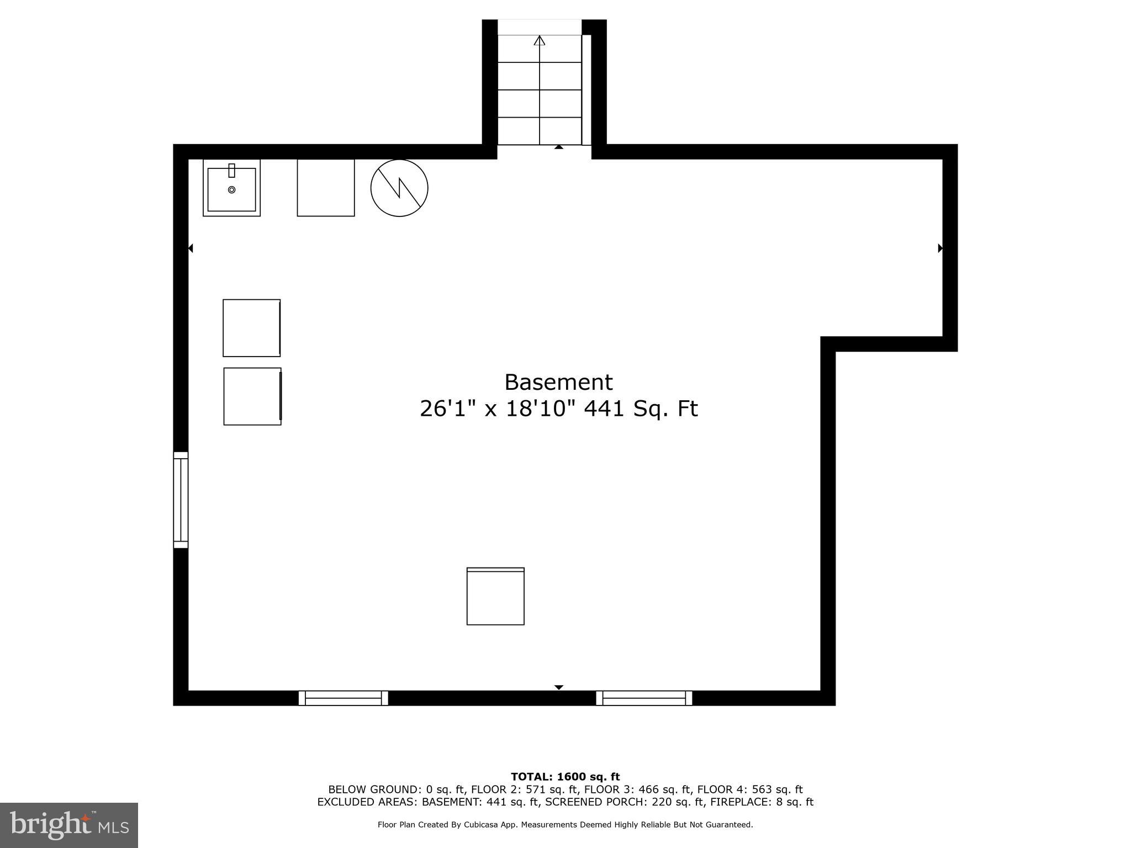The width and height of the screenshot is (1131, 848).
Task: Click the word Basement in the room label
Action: coord(558,382)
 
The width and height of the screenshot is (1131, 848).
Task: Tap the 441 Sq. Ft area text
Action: coord(641,409)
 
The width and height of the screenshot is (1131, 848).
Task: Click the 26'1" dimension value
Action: coord(448,409)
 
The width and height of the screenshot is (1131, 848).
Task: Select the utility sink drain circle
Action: coord(231,190)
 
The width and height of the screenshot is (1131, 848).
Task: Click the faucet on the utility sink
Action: coord(231,170)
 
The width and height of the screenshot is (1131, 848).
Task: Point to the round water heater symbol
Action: coord(399,188)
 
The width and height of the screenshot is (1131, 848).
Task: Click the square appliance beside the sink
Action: coord(325,188)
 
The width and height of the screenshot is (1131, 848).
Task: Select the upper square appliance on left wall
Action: coord(251,328)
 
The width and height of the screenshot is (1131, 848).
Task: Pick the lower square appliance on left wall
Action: coord(252,396)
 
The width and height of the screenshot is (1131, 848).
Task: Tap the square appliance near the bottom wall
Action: coord(495,596)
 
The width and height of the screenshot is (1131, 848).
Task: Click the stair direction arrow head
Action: coord(540,40)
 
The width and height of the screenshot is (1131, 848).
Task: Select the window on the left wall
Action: coord(181,500)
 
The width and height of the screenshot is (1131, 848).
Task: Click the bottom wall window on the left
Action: coord(343,698)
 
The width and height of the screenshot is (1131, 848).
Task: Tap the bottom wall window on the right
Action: coord(643,698)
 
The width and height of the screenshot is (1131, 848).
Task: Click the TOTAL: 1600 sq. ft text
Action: coord(565,777)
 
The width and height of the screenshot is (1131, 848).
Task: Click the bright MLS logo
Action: coord(68,825)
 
